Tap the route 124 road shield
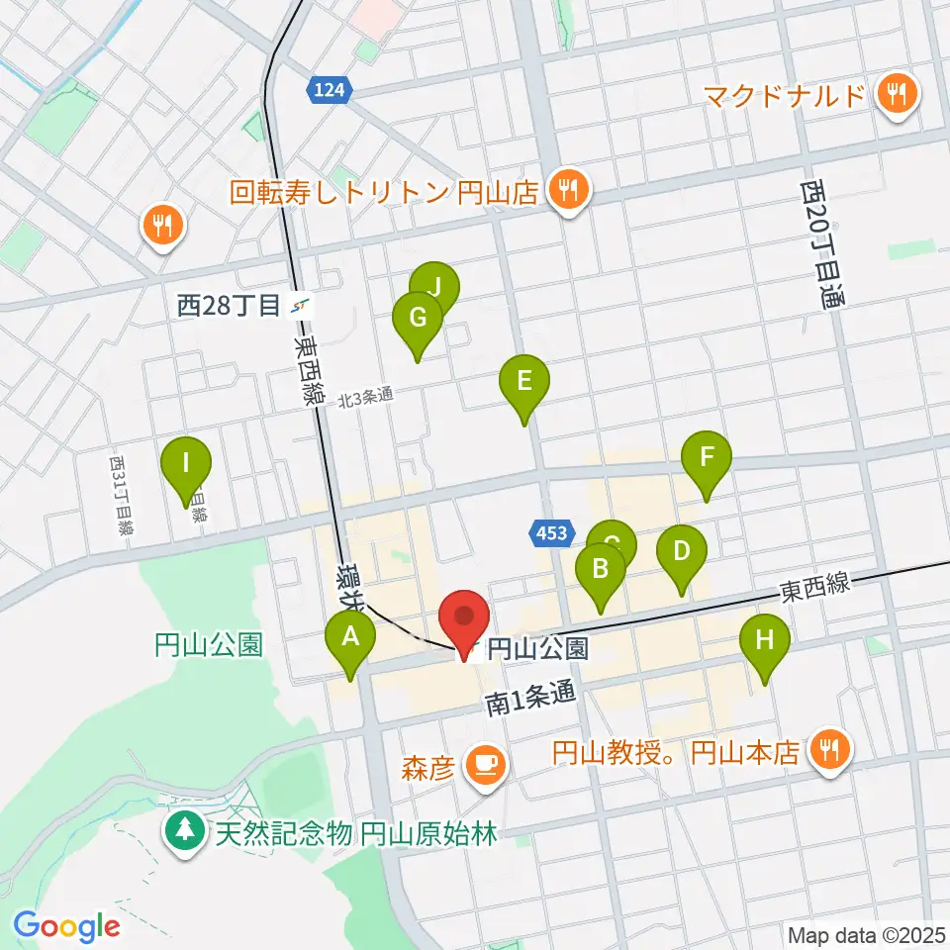(x=329, y=90)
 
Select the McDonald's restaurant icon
(x=898, y=96)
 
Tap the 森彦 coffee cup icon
(x=485, y=764)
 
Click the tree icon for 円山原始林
(x=186, y=829)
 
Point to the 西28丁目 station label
(x=230, y=306)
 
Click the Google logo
(x=66, y=926)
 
